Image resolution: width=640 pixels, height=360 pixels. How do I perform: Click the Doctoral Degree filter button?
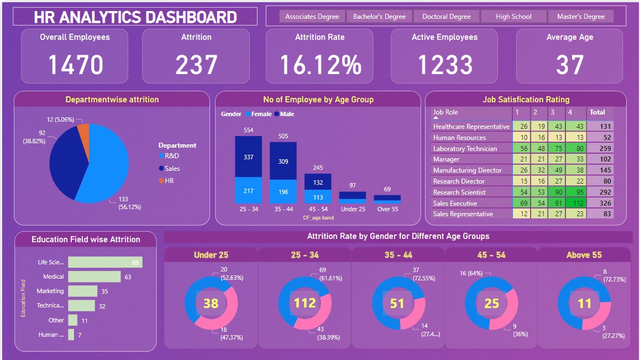(447, 17)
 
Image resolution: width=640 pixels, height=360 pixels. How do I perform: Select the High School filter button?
(513, 17)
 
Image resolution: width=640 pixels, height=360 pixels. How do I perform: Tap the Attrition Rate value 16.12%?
(320, 65)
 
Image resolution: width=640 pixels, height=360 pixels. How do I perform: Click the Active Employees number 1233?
(444, 65)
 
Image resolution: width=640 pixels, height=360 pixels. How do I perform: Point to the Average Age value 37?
(570, 65)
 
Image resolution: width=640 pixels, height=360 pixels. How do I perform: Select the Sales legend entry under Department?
(172, 169)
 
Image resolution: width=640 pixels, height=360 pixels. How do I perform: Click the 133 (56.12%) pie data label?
(129, 203)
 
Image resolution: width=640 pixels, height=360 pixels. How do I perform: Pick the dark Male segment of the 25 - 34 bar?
(248, 157)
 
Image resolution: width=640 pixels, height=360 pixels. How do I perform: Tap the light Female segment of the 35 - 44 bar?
(283, 192)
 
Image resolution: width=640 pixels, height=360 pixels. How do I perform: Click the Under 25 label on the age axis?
(353, 209)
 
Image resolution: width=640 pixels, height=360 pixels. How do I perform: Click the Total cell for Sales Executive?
(600, 204)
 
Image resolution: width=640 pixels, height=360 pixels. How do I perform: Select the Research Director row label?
(459, 181)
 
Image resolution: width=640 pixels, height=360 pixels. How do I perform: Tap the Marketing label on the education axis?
(50, 291)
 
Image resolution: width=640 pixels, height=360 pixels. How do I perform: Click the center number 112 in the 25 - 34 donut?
(305, 303)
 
